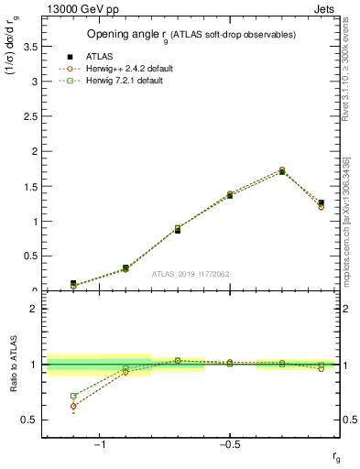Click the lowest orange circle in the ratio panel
73,406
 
